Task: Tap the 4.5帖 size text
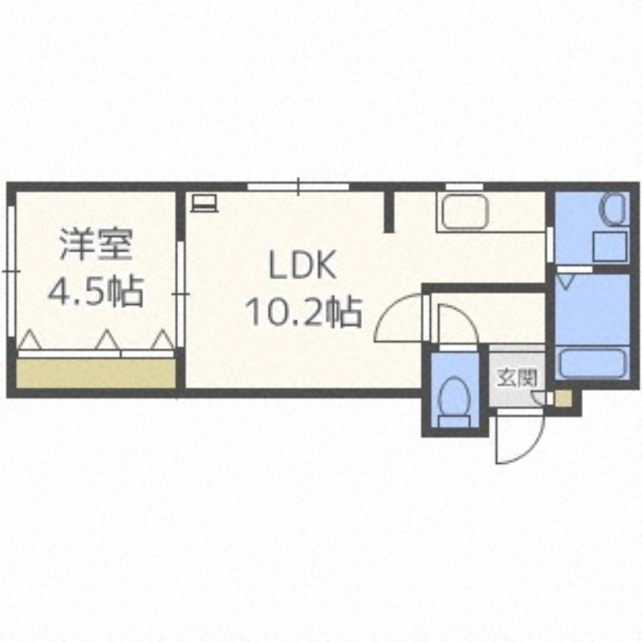point(95,291)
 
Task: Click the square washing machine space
point(607,247)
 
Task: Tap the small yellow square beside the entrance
point(564,397)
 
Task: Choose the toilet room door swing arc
point(450,324)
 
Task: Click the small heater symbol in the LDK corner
point(204,201)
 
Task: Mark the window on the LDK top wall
point(298,187)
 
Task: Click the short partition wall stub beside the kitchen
point(389,211)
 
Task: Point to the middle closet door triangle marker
point(105,340)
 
